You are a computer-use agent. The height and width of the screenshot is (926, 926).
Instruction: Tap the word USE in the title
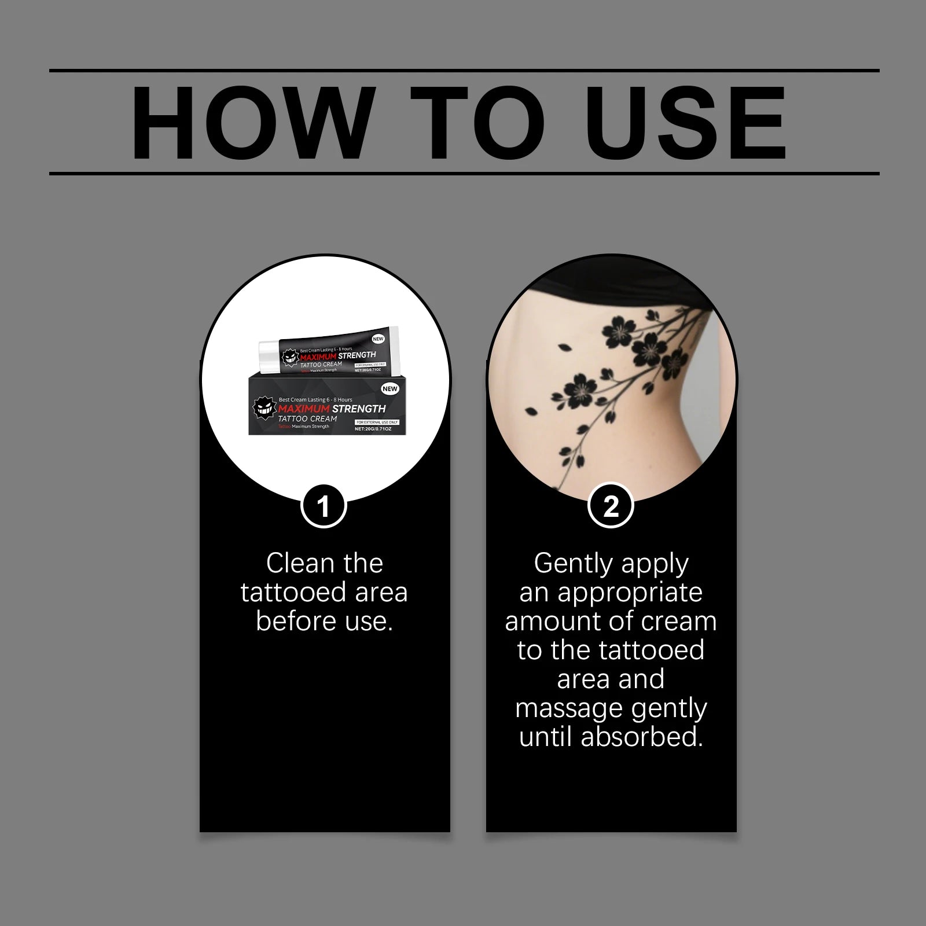coord(688,123)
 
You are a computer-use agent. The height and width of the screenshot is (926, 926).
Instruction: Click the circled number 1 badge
coord(324,506)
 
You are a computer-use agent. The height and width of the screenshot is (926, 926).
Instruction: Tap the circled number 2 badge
coord(611,506)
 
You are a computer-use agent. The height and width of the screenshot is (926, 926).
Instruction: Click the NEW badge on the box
coord(389,389)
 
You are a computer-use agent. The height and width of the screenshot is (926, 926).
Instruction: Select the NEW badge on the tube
coord(379,339)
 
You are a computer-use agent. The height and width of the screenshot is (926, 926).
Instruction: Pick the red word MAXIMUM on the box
coord(304,409)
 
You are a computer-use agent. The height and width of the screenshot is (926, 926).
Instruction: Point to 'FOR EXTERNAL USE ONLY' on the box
coord(377,422)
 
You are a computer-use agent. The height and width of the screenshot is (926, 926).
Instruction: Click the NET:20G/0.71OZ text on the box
coord(373,429)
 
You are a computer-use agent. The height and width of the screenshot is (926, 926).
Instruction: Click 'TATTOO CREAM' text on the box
coord(307,418)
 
